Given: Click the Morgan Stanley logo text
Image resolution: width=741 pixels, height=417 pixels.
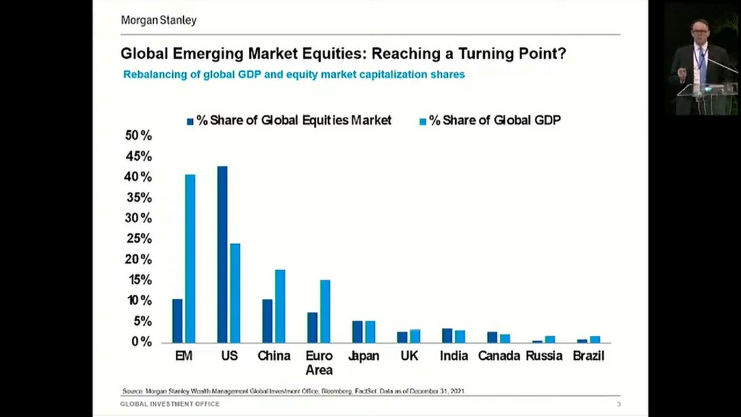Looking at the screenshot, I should click(x=158, y=20).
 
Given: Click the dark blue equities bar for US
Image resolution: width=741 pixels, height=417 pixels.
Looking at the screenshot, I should click(x=222, y=254).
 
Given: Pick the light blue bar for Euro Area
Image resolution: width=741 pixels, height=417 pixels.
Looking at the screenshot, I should click(x=325, y=311).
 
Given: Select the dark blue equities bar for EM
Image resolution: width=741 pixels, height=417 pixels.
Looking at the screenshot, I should click(x=177, y=320).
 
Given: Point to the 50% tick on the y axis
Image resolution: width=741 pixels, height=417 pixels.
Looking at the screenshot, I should click(x=138, y=136).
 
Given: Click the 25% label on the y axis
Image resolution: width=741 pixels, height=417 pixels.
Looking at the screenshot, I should click(x=138, y=238).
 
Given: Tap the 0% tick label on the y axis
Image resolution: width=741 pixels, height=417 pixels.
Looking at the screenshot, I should click(x=140, y=341).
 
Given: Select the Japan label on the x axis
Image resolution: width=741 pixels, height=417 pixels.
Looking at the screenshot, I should click(x=363, y=356).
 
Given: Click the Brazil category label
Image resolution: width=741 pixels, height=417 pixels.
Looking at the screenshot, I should click(x=588, y=356).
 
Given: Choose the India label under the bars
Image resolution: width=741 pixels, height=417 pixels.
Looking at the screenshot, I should click(x=454, y=356).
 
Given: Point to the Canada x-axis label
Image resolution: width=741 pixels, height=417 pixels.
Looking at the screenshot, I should click(x=498, y=356).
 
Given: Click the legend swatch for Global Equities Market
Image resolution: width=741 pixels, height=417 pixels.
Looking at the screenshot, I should click(x=190, y=121).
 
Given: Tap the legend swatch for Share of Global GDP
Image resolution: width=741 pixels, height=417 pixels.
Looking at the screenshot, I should click(x=423, y=121).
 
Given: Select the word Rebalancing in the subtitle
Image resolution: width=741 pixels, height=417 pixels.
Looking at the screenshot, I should click(x=154, y=75).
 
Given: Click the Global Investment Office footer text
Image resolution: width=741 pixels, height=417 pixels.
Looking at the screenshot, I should click(x=169, y=404).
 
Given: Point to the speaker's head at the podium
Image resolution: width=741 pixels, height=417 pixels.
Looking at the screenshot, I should click(x=698, y=30).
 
